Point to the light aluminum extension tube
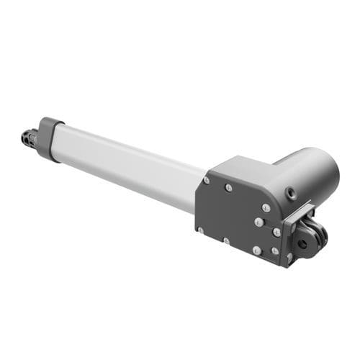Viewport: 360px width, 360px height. pyautogui.click(x=130, y=162)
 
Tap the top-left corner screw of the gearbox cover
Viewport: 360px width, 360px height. pyautogui.click(x=207, y=180)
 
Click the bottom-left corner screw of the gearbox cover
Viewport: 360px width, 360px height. pyautogui.click(x=199, y=230)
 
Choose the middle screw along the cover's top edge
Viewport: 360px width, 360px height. pyautogui.click(x=229, y=188)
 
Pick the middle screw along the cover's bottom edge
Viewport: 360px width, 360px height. pyautogui.click(x=225, y=240)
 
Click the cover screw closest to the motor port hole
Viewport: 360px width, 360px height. pyautogui.click(x=266, y=207)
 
